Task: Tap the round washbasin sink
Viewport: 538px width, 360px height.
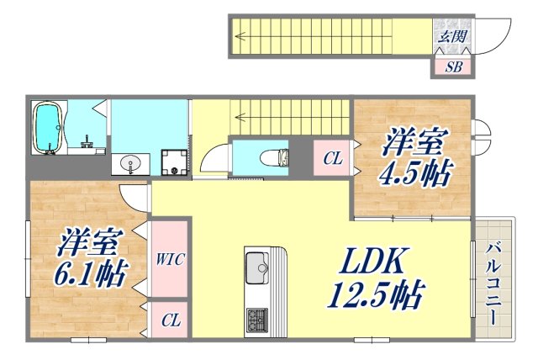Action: click(129, 163)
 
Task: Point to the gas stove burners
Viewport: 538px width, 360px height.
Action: click(257, 320)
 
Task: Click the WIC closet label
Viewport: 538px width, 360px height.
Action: click(169, 258)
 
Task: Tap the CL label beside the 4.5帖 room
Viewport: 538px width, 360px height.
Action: click(332, 157)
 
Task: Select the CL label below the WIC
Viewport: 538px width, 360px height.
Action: click(169, 320)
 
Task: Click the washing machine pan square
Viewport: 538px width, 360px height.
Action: click(174, 161)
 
